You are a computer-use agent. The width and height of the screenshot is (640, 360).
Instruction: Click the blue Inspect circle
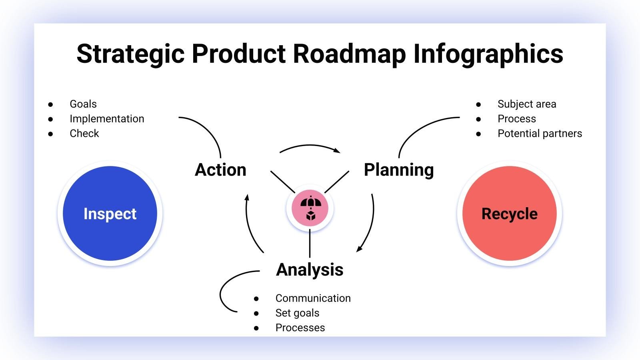click(110, 213)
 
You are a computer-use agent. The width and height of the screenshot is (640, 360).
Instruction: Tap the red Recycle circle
click(509, 213)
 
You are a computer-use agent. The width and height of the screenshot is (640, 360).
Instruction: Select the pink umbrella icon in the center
click(310, 208)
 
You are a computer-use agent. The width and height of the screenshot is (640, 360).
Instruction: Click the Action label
click(220, 170)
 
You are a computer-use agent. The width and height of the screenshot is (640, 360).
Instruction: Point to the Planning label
click(398, 170)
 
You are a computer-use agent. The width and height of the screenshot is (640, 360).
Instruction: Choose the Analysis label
click(310, 270)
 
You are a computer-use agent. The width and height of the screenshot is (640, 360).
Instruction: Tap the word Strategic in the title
click(130, 54)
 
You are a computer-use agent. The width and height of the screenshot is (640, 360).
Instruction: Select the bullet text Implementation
click(107, 119)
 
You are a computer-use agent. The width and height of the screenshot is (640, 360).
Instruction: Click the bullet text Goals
click(83, 104)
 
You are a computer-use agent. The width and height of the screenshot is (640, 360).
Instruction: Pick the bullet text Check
click(84, 134)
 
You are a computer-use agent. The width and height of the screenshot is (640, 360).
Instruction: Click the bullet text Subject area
click(526, 104)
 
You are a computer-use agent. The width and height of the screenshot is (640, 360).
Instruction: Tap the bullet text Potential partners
click(540, 134)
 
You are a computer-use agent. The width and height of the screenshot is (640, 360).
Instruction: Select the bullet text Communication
click(313, 298)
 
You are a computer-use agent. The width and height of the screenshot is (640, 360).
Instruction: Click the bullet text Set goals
click(297, 313)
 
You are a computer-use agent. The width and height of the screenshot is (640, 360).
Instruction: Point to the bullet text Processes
click(300, 328)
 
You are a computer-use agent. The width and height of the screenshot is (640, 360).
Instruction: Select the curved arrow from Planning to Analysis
click(370, 224)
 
